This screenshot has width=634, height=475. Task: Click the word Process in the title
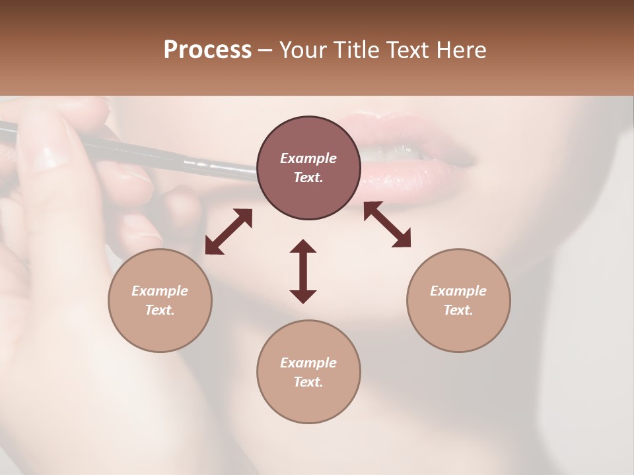coord(207,50)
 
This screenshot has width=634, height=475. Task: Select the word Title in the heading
coord(357,50)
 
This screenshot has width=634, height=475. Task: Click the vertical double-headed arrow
coord(303,271)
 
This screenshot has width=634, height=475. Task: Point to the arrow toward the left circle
coord(229,232)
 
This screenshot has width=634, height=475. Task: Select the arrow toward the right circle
coord(388,224)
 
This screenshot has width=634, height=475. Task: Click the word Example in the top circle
coord(308,158)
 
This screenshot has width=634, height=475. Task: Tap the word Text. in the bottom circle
coord(308,382)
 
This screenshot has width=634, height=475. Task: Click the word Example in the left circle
coord(160,291)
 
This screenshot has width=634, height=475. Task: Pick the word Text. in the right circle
coord(458,310)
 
